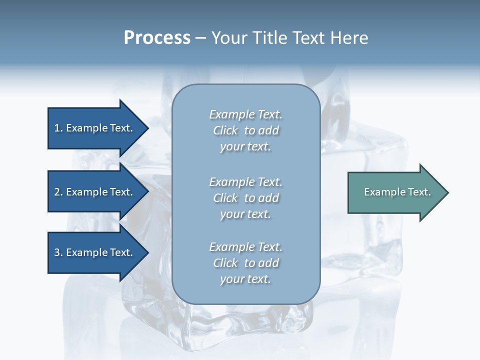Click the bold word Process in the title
coord(157,38)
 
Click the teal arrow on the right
coord(395,192)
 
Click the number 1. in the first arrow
coord(58,128)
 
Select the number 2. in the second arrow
coord(58,192)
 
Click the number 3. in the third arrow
coord(58,252)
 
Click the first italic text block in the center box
coord(245,130)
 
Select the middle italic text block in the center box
coord(245,197)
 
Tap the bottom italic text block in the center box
coord(245,263)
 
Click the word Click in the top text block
coord(225,130)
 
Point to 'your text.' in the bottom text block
coord(245,279)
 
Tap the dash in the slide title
coord(200,38)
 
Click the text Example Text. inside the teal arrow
coord(397,192)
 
